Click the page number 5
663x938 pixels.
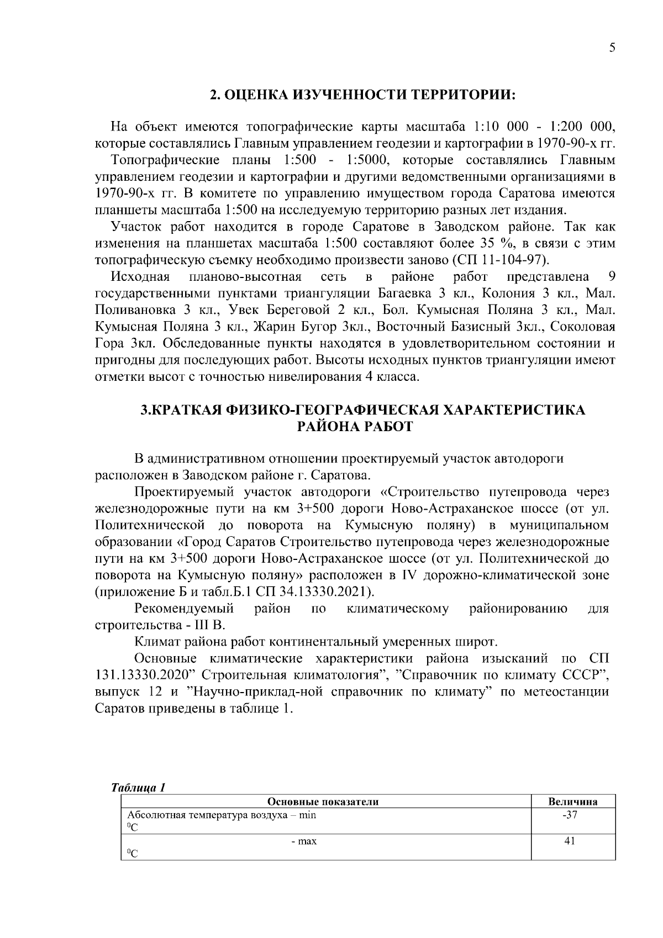(x=612, y=48)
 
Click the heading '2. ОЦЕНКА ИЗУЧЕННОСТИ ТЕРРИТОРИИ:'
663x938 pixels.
(x=362, y=95)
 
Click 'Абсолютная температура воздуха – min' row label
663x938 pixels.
(x=222, y=815)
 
